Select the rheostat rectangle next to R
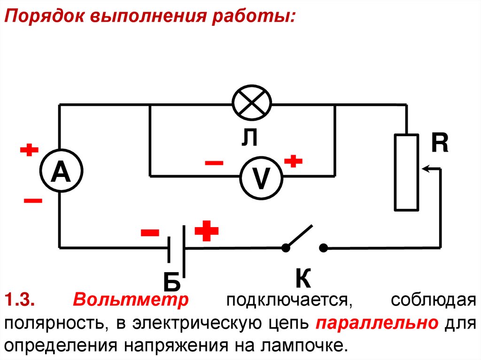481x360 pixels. pos(406,172)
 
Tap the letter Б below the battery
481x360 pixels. pos(171,282)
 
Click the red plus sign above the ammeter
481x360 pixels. pos(29,150)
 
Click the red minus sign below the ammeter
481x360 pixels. pos(32,201)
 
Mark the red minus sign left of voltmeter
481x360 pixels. pos(214,163)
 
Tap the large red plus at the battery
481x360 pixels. pos(207,231)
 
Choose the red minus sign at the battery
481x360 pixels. pos(150,232)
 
